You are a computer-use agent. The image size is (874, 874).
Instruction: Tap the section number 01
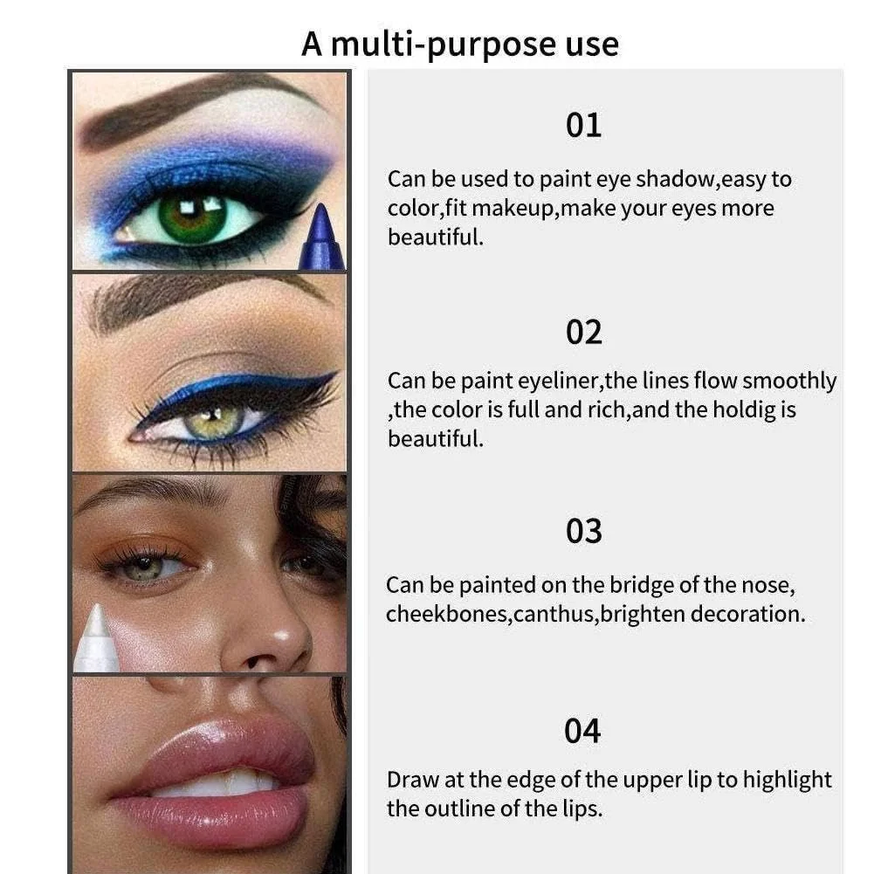pyautogui.click(x=583, y=125)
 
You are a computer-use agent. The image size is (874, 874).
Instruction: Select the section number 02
pyautogui.click(x=583, y=332)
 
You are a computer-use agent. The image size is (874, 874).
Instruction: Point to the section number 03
pyautogui.click(x=583, y=531)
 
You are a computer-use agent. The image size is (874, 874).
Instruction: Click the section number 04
pyautogui.click(x=582, y=731)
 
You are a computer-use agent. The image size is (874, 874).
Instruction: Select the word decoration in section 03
pyautogui.click(x=747, y=614)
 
